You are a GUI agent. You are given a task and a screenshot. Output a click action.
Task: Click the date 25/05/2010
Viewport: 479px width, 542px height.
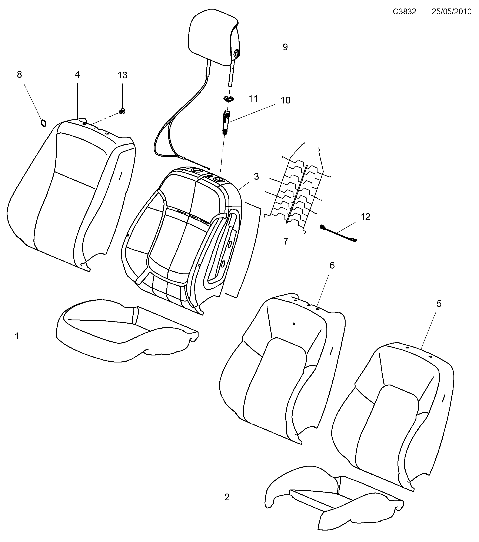point(451,12)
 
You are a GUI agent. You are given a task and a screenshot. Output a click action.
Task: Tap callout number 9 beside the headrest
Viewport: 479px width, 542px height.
point(285,47)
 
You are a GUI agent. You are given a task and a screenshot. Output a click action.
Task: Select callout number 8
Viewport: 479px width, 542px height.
point(19,75)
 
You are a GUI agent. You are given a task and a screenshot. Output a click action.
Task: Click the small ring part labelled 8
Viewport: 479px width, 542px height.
point(43,123)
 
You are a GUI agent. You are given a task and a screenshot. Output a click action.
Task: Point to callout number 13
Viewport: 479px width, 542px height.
point(122,76)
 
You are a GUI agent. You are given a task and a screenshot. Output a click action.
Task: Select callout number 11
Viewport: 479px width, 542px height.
point(253,99)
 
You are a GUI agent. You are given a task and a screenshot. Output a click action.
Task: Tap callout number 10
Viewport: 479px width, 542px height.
point(285,100)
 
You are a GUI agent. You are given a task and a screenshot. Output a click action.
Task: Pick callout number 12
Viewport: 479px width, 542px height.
point(365,217)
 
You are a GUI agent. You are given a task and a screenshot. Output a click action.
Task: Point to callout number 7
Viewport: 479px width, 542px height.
point(285,241)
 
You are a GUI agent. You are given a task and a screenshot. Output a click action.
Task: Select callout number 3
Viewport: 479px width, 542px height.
point(256,177)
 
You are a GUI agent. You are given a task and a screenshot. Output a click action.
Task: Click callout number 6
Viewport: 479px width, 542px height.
point(332,265)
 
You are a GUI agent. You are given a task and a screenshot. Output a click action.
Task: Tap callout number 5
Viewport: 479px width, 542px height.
point(439,304)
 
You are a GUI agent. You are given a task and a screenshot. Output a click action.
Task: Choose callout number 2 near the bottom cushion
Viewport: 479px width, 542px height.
point(227,497)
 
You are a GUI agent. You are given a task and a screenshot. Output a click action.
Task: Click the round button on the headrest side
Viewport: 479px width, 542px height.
point(236,53)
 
